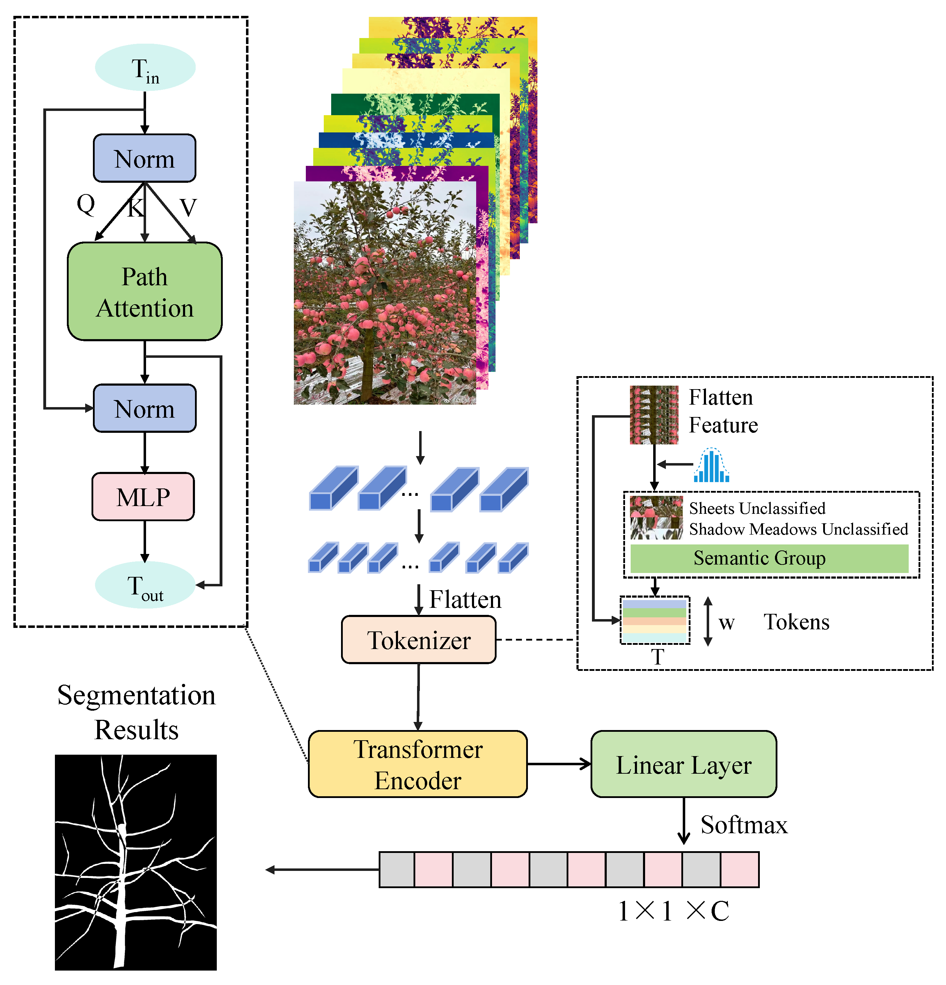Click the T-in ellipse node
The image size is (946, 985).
pos(145,67)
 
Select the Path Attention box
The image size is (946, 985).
pos(145,292)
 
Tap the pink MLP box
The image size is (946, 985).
pos(143,497)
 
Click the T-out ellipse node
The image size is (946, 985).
pos(145,585)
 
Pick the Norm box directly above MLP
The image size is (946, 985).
pos(145,408)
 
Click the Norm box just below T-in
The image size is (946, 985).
pos(145,158)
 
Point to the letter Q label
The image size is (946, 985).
pos(86,205)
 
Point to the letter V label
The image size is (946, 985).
pos(188,207)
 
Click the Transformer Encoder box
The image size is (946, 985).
pos(418,764)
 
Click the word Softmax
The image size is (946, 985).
pos(744,825)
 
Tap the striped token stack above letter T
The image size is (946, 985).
pos(654,620)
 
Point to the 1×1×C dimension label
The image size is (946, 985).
pos(673,911)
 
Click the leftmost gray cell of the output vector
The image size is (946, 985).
pos(397,869)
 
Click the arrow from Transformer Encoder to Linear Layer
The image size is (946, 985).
pos(559,764)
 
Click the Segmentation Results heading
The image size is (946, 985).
pos(136,712)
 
